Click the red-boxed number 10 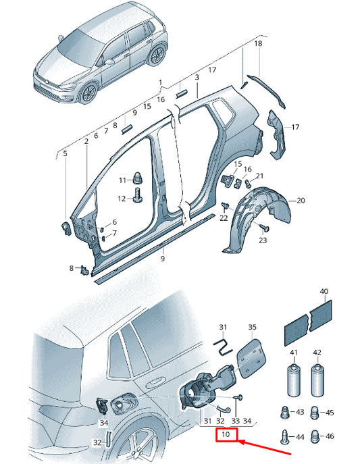[x=226, y=434]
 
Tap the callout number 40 [x=324, y=291]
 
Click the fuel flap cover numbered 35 [x=251, y=359]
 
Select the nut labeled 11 [x=136, y=178]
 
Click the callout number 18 [x=258, y=43]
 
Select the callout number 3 [x=197, y=77]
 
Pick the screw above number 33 [x=238, y=397]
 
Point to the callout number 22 [x=224, y=218]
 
